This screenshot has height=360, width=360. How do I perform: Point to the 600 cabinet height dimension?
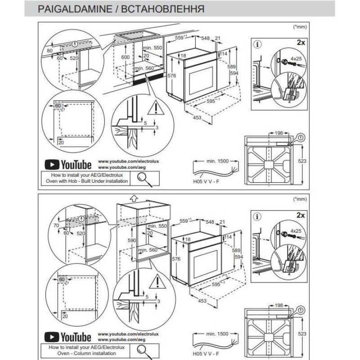(x=125, y=57)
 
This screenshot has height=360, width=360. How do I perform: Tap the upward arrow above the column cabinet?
(x=133, y=198)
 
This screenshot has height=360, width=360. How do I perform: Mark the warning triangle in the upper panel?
(x=155, y=108)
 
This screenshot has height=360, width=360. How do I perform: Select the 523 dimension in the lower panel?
(x=303, y=334)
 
